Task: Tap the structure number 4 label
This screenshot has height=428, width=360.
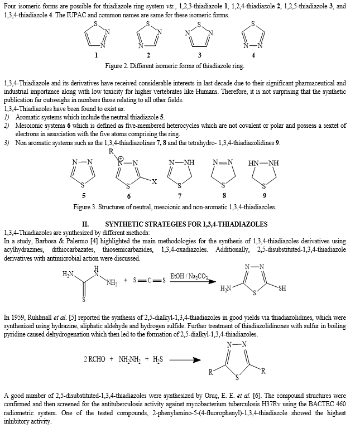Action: [253, 55]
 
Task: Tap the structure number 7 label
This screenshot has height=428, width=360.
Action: [179, 195]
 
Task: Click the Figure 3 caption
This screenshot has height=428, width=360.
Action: [174, 207]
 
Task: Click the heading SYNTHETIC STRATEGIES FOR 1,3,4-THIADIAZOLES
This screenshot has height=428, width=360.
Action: [186, 224]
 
